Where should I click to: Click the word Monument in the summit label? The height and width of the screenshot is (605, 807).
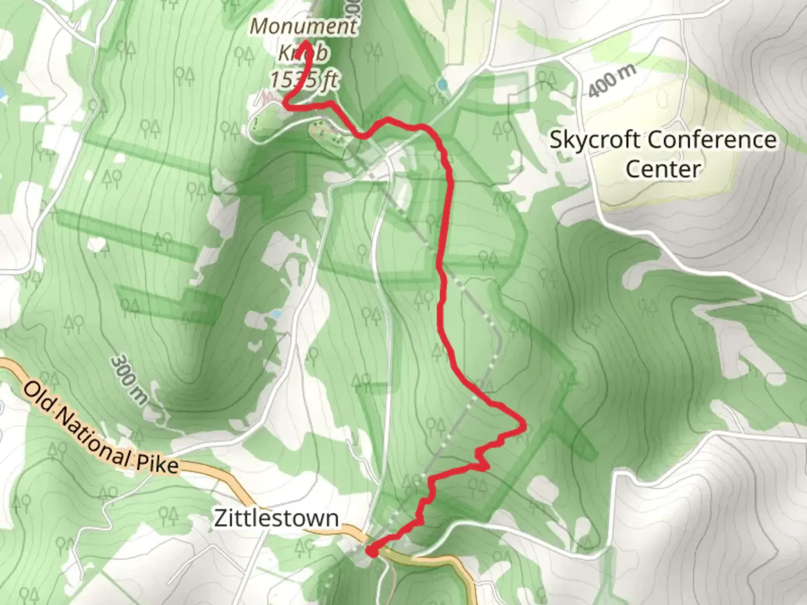point(303,26)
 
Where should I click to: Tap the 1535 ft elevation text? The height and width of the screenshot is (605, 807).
point(304,80)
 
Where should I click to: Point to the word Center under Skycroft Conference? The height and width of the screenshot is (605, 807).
point(663,169)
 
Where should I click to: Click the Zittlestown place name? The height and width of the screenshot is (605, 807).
point(276,518)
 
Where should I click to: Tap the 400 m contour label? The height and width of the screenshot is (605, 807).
point(613,81)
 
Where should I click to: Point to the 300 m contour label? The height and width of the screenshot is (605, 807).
point(129,379)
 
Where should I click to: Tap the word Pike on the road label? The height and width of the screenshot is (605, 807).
point(157,464)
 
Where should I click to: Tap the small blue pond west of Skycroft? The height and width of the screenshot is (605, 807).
point(443,85)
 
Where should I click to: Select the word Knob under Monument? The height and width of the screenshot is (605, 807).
point(303,53)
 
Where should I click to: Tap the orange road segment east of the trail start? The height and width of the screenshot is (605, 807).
point(443,562)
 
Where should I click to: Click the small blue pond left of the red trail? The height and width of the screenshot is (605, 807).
point(275,315)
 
